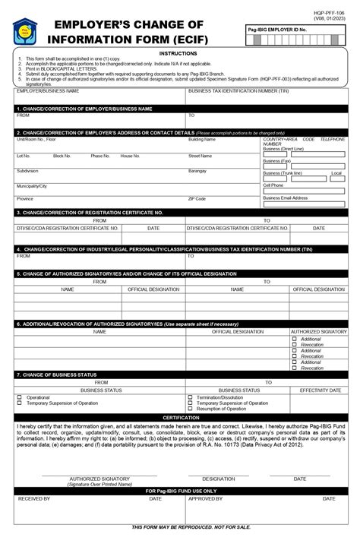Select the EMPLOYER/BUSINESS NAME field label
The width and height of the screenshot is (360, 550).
47,90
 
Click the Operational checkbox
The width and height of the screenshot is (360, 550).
20,397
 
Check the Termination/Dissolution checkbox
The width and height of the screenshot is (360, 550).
190,397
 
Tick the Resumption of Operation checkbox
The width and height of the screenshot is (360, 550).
190,409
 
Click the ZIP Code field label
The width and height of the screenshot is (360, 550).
197,198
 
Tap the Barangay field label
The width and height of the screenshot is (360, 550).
197,171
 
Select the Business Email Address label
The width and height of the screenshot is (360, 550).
286,198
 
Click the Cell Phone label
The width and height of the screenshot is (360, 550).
273,185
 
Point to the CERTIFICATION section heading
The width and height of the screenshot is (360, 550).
180,418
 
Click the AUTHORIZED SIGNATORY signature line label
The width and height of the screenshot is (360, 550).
99,479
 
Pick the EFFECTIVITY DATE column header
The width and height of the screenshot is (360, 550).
320,390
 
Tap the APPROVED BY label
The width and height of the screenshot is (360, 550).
205,499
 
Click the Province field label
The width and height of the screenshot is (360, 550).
25,198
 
